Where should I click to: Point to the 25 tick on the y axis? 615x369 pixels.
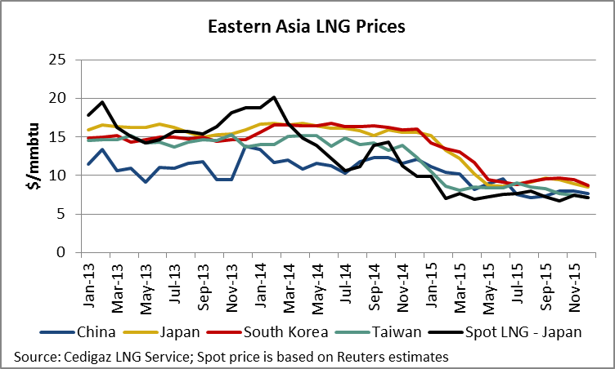[x=56, y=60]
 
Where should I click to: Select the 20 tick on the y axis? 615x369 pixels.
[x=56, y=98]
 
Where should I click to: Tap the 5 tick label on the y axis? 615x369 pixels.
[x=61, y=214]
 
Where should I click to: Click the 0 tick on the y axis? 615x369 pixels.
[x=61, y=252]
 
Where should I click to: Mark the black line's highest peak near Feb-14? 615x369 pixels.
[x=274, y=97]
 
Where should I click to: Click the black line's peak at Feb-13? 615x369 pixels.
[x=101, y=102]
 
